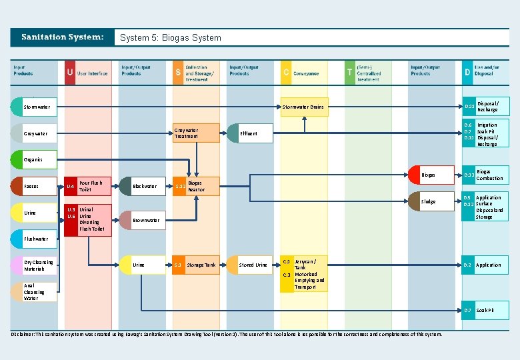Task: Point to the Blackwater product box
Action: coord(141,186)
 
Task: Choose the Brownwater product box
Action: coord(141,220)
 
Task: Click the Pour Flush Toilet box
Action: coord(89,186)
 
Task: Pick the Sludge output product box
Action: coord(427,201)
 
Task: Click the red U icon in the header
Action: coord(70,73)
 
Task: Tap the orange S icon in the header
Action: coord(178,73)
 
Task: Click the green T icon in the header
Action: coord(349,73)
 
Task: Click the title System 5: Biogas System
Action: coord(171,37)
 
